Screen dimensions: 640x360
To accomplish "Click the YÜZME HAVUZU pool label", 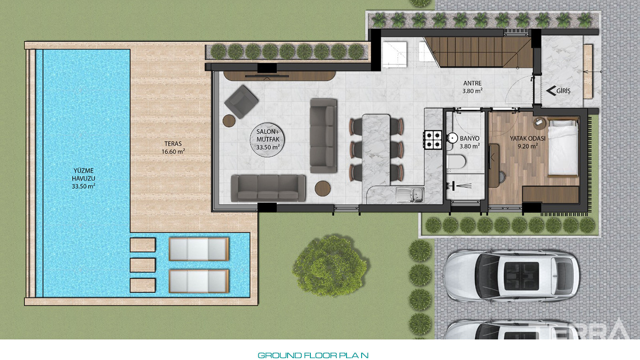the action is pyautogui.click(x=83, y=179).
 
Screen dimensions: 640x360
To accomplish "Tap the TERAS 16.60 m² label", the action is pyautogui.click(x=173, y=148).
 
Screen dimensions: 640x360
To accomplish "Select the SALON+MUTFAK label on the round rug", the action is pyautogui.click(x=268, y=140).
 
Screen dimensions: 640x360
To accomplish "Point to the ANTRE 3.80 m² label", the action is pyautogui.click(x=473, y=87).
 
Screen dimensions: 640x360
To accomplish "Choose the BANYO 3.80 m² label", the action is pyautogui.click(x=470, y=142).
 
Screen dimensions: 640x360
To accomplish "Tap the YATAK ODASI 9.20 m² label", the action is pyautogui.click(x=528, y=142).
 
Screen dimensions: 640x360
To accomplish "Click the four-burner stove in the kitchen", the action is pyautogui.click(x=433, y=140).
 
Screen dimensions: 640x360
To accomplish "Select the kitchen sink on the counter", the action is pyautogui.click(x=410, y=195).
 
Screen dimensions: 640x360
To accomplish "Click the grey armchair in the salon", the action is pyautogui.click(x=241, y=101).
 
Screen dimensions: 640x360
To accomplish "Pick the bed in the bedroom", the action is pyautogui.click(x=563, y=147).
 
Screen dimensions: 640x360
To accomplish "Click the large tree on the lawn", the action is pyautogui.click(x=330, y=265).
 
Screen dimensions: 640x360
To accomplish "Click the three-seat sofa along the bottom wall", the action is pyautogui.click(x=268, y=188).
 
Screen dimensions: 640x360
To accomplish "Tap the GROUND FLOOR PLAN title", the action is pyautogui.click(x=313, y=355).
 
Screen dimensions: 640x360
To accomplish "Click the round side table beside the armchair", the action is pyautogui.click(x=229, y=121).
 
